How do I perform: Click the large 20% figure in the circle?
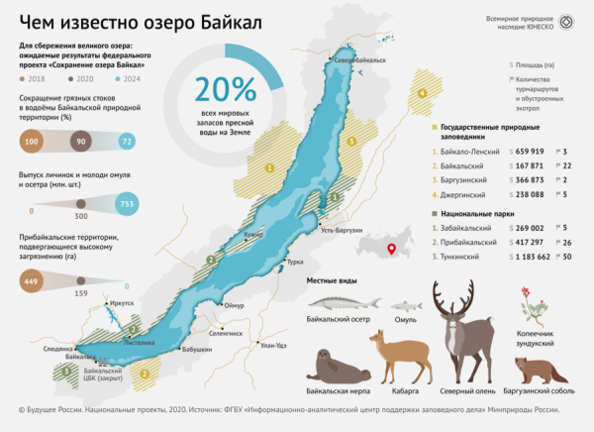[226, 90]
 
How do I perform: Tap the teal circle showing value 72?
[126, 142]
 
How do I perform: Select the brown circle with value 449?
[31, 280]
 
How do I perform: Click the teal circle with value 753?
[126, 204]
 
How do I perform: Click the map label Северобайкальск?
[359, 61]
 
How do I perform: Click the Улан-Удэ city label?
[273, 345]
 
